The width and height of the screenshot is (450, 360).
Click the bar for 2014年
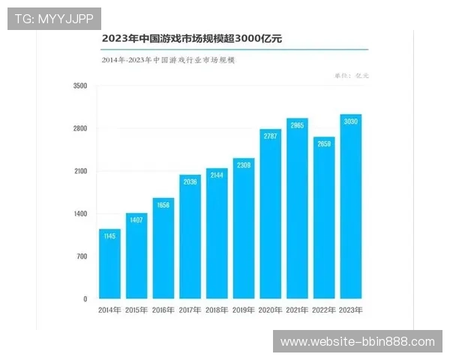(x=109, y=264)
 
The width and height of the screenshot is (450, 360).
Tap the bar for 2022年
(x=324, y=218)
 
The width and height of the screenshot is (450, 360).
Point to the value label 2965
(x=297, y=125)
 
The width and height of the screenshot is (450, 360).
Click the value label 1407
(x=136, y=220)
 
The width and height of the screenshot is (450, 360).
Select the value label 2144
(x=217, y=175)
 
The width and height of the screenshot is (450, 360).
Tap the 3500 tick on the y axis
(x=80, y=86)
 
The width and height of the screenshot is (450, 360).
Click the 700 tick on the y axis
(x=81, y=256)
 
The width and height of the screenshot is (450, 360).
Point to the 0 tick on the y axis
(x=85, y=299)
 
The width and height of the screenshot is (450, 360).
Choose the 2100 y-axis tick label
(x=80, y=172)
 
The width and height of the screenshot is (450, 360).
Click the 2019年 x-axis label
(x=244, y=310)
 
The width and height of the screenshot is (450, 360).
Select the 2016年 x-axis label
(x=163, y=310)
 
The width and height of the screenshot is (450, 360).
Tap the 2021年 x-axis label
(x=297, y=310)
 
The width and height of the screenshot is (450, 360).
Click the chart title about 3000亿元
(x=192, y=37)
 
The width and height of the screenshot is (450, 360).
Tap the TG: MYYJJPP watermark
(x=54, y=19)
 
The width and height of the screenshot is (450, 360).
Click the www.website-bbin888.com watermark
(x=357, y=342)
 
